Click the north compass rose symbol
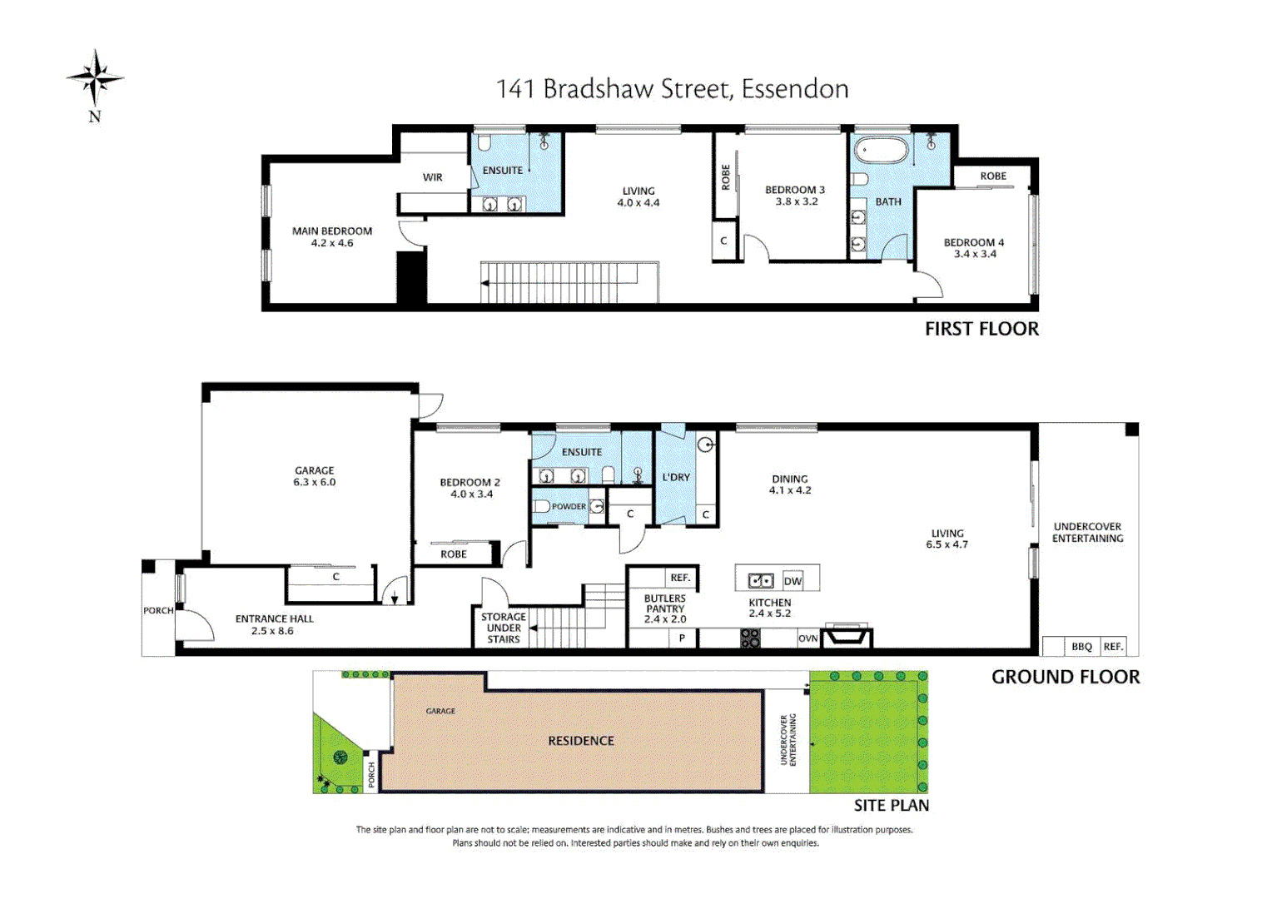[96, 79]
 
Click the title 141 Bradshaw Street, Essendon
[672, 89]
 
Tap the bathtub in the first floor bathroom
[881, 152]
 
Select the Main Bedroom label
[332, 231]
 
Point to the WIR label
[433, 177]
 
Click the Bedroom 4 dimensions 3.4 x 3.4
[975, 254]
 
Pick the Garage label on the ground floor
[315, 470]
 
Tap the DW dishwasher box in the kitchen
[793, 581]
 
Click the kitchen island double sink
[761, 581]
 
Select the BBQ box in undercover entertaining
[1081, 647]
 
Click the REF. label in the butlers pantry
[680, 578]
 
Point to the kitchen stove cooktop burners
[750, 638]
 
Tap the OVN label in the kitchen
[807, 638]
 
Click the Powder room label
[569, 506]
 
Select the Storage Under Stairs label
[504, 628]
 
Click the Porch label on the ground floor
[158, 610]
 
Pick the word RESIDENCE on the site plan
[581, 741]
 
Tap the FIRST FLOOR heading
[981, 329]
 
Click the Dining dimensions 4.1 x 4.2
[790, 490]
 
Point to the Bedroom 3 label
[795, 190]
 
